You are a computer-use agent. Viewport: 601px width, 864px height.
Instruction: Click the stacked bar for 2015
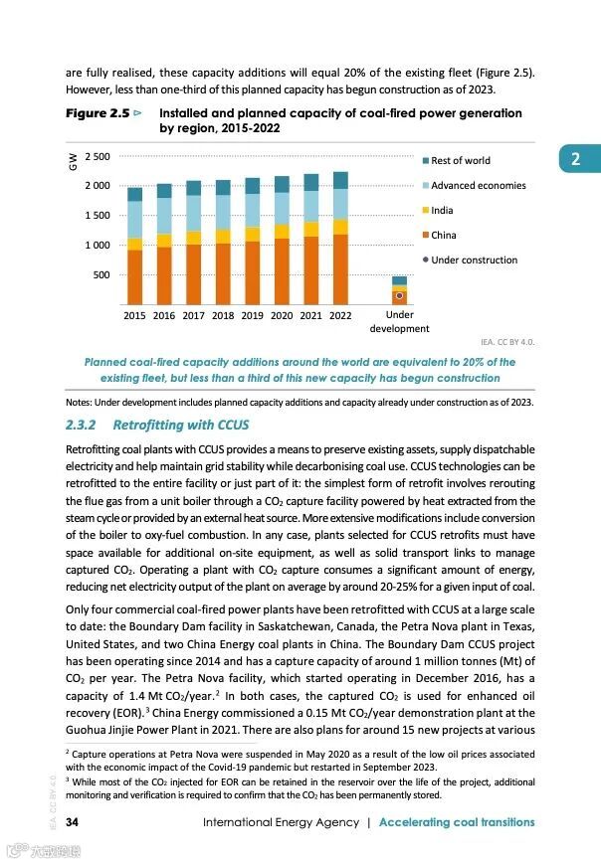pos(134,246)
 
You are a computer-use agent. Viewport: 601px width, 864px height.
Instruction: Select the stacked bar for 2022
pos(340,238)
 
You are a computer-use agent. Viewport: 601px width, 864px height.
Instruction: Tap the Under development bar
pos(399,290)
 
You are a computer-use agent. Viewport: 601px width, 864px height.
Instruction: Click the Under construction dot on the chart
pos(399,295)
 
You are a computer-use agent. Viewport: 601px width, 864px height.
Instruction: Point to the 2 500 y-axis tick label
pos(98,157)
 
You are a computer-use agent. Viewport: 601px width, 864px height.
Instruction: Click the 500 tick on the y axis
pos(101,274)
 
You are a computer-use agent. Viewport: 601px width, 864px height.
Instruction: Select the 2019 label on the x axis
pos(252,315)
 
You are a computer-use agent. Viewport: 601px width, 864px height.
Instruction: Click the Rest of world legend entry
pos(460,161)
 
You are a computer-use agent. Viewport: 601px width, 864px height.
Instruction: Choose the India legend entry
pos(442,211)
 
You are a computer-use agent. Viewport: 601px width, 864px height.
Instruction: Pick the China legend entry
pos(444,236)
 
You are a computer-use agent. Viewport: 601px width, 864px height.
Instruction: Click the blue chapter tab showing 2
pos(575,159)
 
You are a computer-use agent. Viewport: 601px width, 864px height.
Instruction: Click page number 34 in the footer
pos(73,822)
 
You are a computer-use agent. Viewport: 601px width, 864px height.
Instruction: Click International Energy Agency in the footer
pos(281,822)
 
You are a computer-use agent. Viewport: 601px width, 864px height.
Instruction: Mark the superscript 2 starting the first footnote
pos(67,752)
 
